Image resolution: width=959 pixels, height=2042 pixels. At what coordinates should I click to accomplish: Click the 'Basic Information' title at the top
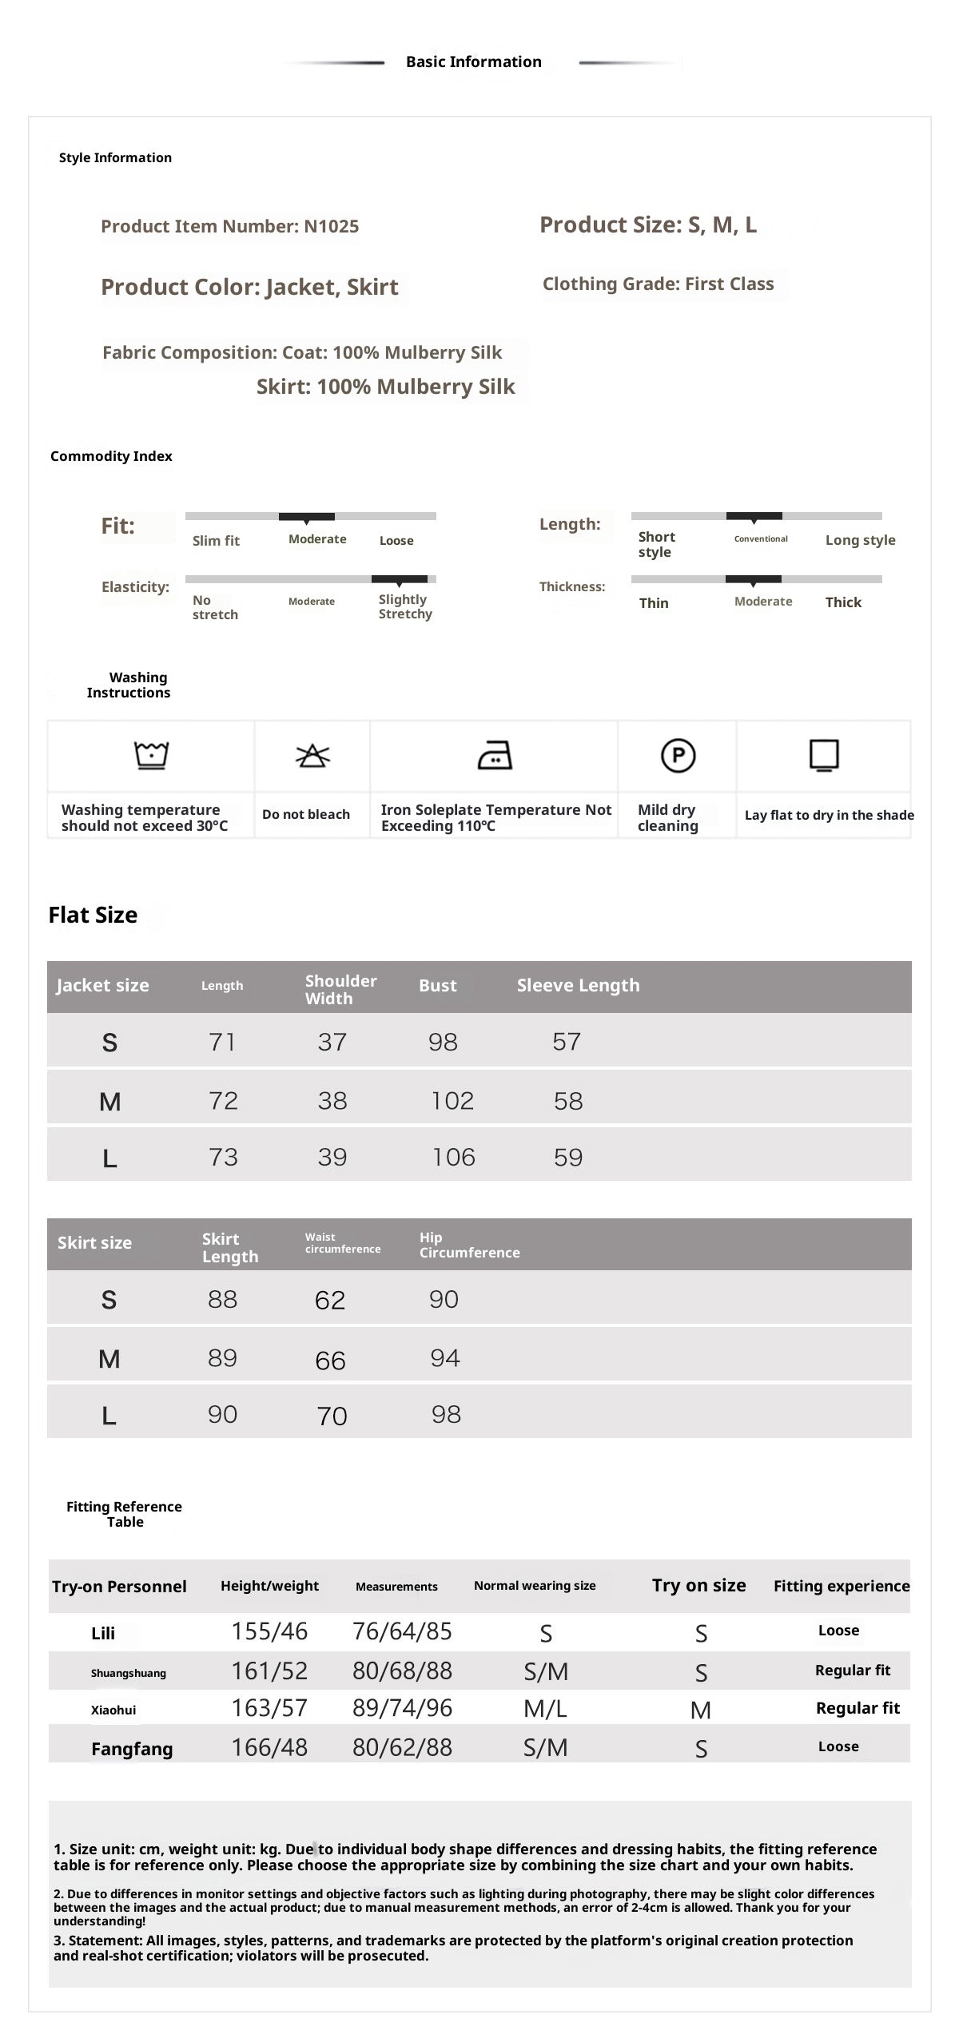coord(473,62)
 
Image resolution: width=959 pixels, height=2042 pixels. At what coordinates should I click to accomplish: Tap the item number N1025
coord(331,226)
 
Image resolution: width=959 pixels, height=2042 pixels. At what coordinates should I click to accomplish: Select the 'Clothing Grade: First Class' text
coord(658,284)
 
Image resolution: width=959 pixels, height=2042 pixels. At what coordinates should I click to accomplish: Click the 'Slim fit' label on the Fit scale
coord(216,541)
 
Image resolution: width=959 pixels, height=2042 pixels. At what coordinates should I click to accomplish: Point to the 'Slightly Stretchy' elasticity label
coord(405,606)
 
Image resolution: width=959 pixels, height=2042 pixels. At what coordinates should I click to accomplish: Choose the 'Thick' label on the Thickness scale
coord(843,602)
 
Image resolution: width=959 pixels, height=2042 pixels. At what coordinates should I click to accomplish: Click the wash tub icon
coord(151,755)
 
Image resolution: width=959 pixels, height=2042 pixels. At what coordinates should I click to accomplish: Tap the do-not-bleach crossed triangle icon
coord(312,755)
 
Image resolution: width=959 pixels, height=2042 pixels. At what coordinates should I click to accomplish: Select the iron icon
coord(495,755)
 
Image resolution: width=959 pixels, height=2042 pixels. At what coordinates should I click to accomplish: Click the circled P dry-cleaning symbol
coord(678,755)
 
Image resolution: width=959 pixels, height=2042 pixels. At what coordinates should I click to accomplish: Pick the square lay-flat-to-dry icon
coord(824,755)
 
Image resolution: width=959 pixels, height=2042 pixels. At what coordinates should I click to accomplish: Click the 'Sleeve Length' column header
coord(578,985)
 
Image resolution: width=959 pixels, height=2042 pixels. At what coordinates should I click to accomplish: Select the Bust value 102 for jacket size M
coord(452,1101)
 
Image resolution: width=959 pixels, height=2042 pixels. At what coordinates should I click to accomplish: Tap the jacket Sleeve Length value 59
coord(568,1157)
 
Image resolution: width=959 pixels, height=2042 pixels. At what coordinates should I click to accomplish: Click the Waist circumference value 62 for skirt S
coord(330,1300)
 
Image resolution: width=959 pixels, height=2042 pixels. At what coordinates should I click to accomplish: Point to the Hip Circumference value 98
coord(446,1415)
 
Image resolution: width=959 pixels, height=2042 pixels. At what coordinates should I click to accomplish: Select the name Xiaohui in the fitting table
coord(113,1710)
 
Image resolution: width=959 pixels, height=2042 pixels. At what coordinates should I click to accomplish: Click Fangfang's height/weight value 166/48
coord(269,1747)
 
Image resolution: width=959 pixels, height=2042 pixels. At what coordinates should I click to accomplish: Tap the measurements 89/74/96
coord(402,1708)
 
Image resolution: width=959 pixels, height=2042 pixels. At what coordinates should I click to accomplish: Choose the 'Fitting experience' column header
coord(842,1586)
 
